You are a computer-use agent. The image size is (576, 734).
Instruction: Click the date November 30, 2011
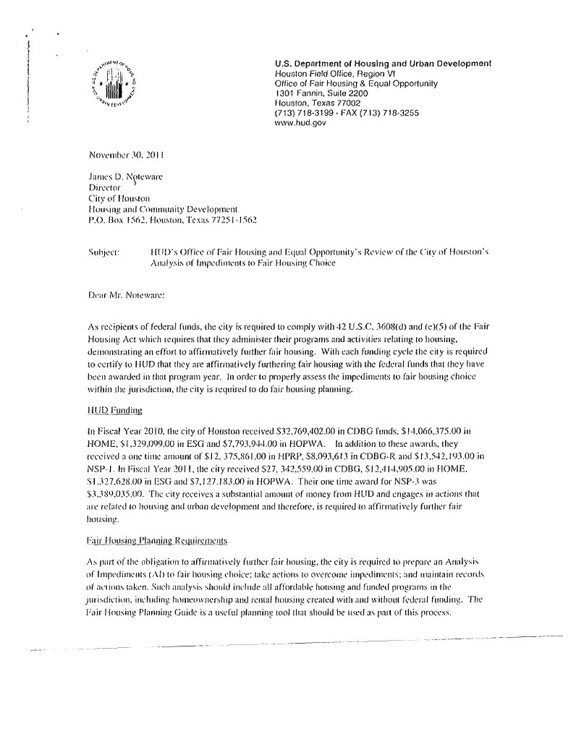coord(126,155)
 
